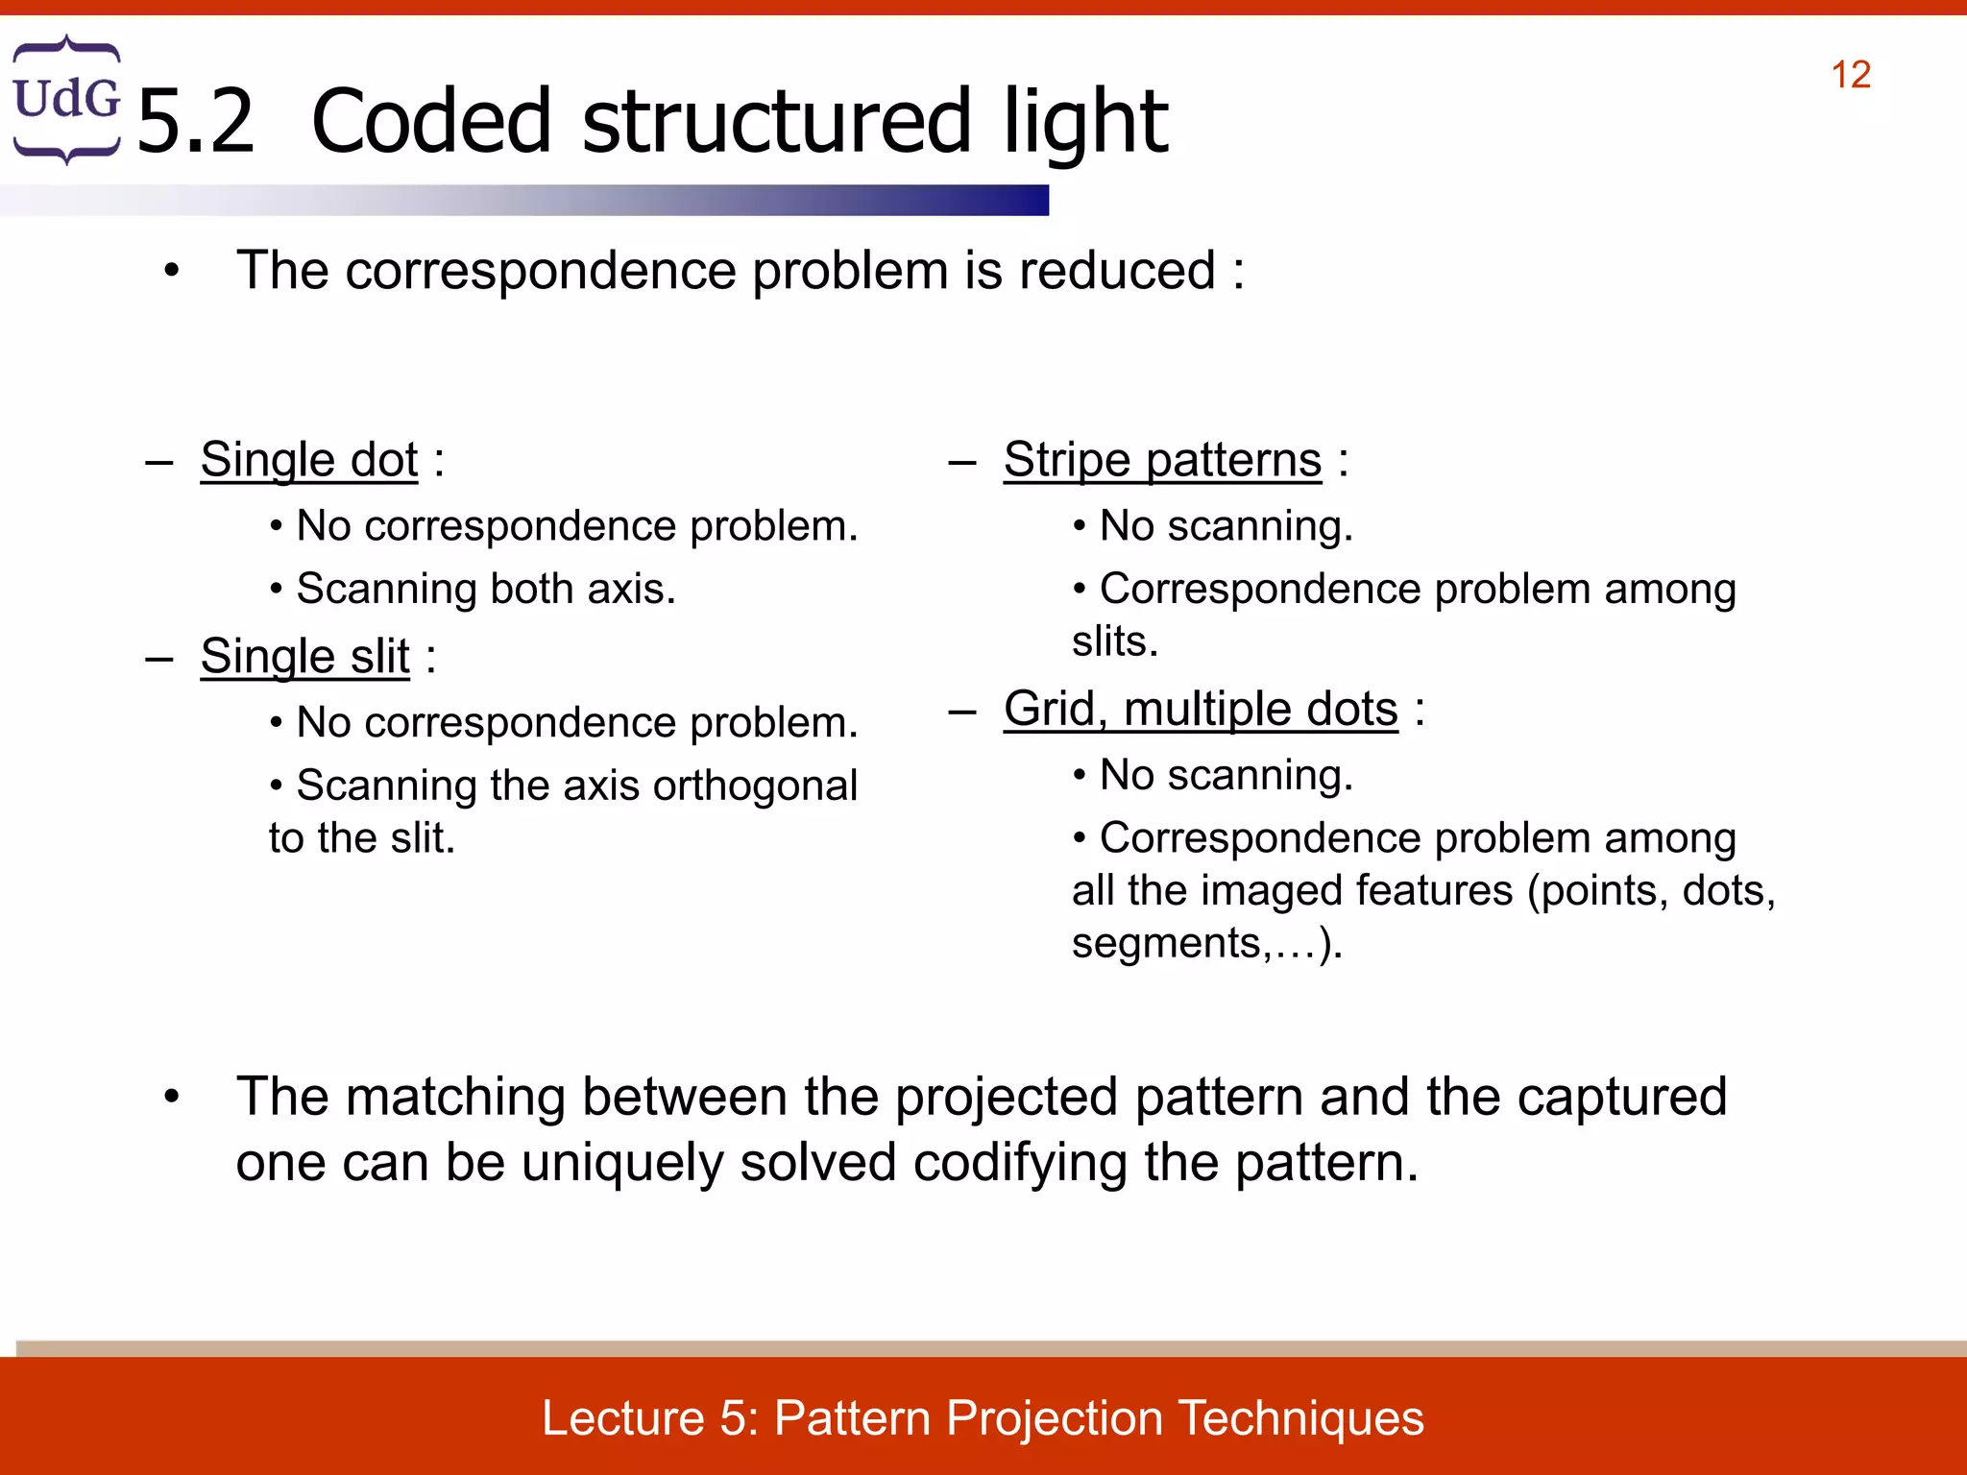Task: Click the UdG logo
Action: [66, 99]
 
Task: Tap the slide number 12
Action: [1850, 75]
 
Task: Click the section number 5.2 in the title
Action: [196, 122]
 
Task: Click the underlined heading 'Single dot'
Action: [309, 460]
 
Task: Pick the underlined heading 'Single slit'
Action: [305, 657]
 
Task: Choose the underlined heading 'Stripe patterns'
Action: [1162, 460]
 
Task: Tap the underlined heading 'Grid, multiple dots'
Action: [1201, 710]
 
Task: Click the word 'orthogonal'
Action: [755, 786]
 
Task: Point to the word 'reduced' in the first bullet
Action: [1116, 271]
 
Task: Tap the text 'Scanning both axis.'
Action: [486, 589]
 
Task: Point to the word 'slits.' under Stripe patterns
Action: [1115, 641]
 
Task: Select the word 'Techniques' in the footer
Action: [1300, 1418]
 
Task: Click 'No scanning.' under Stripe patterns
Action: [1226, 526]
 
